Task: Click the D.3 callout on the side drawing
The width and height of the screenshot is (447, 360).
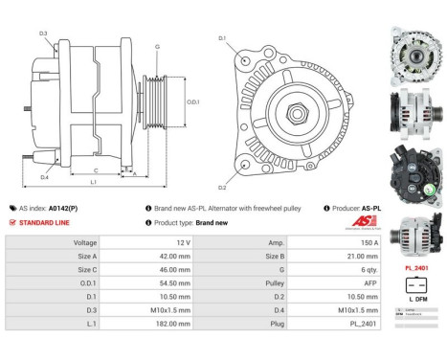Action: click(44, 34)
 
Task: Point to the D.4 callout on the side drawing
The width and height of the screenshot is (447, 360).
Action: click(44, 177)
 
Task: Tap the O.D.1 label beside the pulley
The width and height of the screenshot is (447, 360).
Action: click(192, 102)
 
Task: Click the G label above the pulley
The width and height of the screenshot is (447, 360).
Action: click(157, 46)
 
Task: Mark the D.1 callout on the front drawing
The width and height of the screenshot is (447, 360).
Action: click(222, 38)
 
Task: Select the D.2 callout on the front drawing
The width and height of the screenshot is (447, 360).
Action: click(222, 187)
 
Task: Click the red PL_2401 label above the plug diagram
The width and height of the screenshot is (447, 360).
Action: click(416, 270)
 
